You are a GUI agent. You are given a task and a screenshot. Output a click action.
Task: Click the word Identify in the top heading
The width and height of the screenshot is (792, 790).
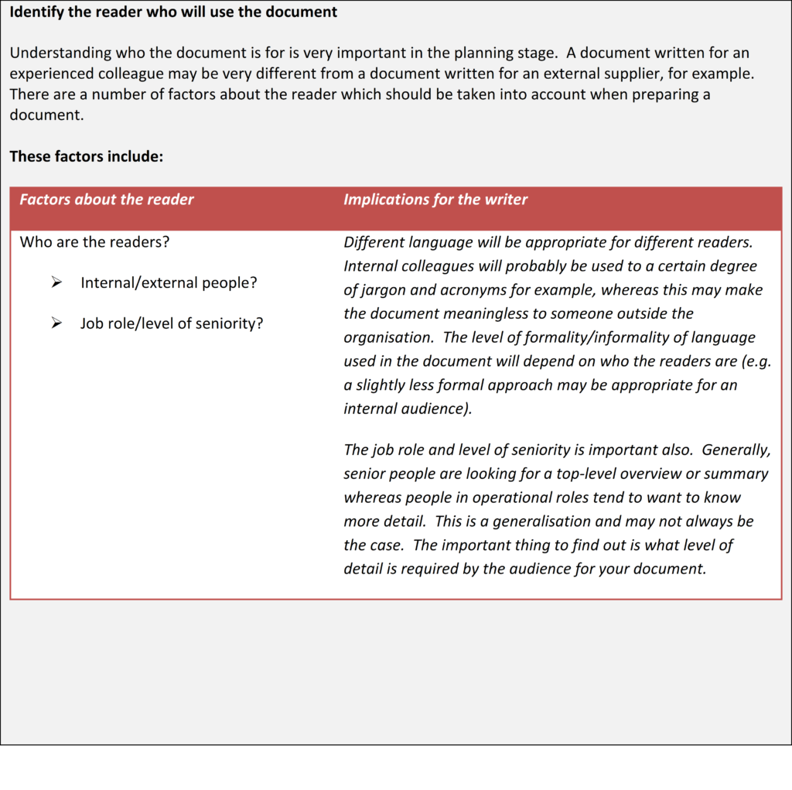click(x=37, y=12)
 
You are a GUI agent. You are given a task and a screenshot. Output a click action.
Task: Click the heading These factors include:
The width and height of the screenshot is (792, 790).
click(x=87, y=156)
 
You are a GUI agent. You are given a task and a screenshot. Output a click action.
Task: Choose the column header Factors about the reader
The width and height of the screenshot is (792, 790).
click(x=107, y=200)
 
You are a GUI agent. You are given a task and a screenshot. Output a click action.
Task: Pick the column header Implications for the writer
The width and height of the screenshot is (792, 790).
click(x=435, y=200)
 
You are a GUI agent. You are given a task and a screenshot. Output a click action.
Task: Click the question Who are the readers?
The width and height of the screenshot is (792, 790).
click(x=94, y=241)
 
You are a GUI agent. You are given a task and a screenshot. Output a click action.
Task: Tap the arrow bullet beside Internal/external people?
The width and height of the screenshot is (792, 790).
click(x=56, y=283)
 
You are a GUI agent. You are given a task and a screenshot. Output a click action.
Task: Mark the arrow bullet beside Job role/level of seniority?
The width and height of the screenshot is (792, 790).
click(x=56, y=323)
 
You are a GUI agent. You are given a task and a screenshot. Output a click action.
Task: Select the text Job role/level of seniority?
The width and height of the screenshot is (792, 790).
click(x=172, y=323)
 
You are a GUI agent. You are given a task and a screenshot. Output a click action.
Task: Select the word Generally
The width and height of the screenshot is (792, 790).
click(x=736, y=450)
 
